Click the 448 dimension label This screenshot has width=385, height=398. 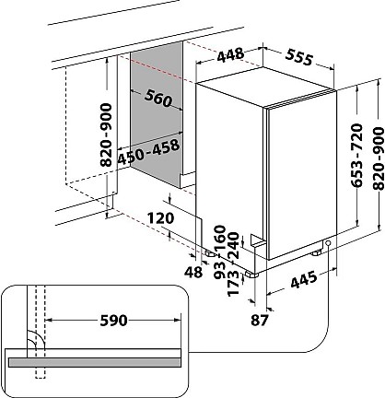(230, 55)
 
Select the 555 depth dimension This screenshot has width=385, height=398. (299, 57)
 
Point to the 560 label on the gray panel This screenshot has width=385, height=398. (158, 99)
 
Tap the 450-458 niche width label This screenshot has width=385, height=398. (148, 151)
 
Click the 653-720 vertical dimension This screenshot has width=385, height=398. (357, 156)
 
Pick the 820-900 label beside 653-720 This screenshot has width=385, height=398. (379, 158)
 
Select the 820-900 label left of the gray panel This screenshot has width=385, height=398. (107, 135)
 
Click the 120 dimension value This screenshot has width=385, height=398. (160, 218)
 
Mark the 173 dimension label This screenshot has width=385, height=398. (233, 283)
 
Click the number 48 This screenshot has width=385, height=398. (193, 272)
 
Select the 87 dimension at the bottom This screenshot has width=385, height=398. (260, 320)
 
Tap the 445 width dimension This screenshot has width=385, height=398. (304, 279)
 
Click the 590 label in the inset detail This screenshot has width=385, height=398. (113, 321)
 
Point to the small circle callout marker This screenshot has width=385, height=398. (328, 243)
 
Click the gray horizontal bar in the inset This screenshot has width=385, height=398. (95, 362)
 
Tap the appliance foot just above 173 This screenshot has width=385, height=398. (251, 275)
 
